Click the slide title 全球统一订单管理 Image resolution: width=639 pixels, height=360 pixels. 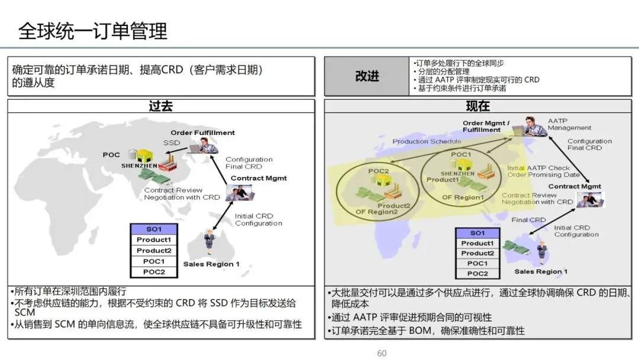click(93, 31)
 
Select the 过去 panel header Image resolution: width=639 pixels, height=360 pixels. click(161, 107)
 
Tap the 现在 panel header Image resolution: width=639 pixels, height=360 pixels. click(478, 107)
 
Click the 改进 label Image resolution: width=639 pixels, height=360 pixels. click(367, 76)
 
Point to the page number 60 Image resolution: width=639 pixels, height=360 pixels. click(382, 353)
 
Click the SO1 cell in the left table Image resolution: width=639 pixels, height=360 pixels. click(153, 229)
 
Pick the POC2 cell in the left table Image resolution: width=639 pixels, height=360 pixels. click(153, 272)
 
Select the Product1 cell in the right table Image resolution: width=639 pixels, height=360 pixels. click(477, 243)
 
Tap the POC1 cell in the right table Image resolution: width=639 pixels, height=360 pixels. click(477, 263)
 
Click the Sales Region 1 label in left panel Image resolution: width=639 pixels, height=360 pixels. click(211, 264)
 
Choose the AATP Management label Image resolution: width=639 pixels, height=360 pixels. click(569, 124)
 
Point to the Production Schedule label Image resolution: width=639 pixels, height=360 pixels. click(427, 142)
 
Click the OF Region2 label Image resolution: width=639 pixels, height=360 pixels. click(376, 211)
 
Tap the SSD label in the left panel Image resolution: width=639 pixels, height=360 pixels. click(172, 143)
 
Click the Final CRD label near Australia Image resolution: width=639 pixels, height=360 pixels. click(528, 220)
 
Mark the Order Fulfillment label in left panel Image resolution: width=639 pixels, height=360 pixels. click(202, 133)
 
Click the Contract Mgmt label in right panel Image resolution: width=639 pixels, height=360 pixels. click(575, 187)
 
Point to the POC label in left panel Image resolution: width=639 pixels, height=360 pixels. click(111, 155)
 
